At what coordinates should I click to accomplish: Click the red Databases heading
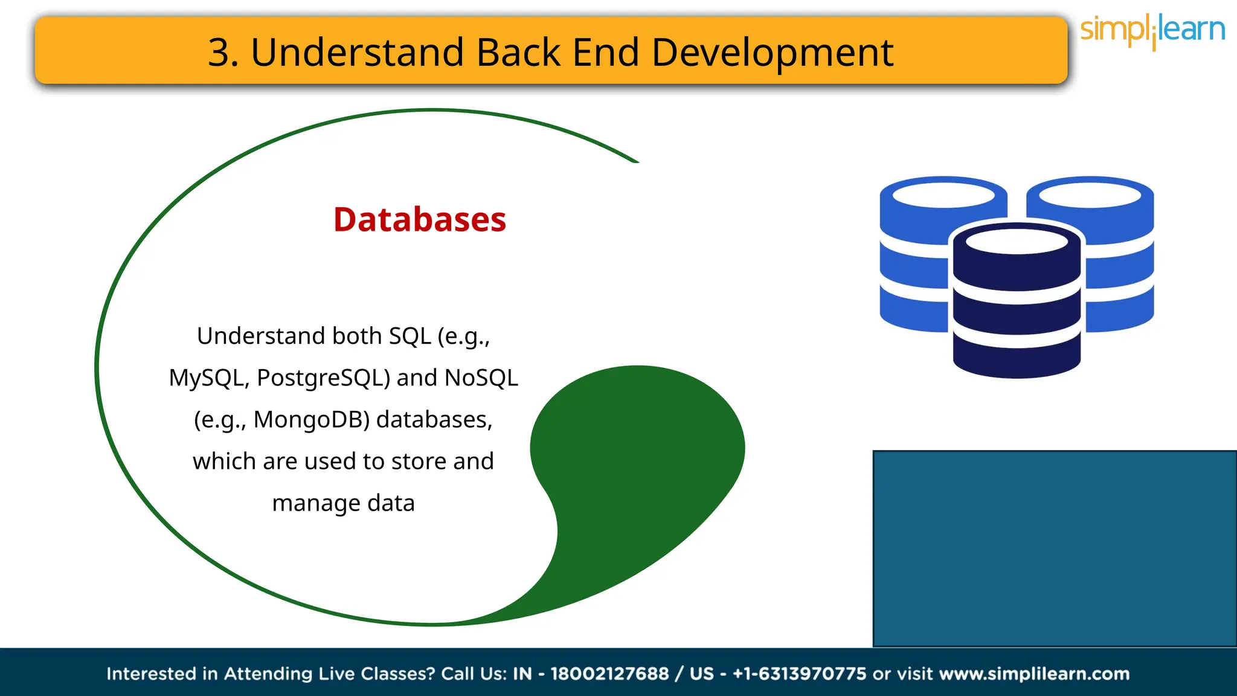click(420, 219)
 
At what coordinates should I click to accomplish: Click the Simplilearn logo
click(1152, 30)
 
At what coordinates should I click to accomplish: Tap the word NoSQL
click(481, 378)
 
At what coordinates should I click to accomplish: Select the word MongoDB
click(311, 419)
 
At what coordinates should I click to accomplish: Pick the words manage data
click(343, 503)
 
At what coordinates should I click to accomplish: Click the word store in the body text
click(418, 461)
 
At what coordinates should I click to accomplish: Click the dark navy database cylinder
click(1017, 302)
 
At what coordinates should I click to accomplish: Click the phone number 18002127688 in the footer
click(609, 674)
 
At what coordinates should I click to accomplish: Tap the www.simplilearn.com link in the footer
click(1034, 674)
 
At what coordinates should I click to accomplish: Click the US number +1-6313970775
click(799, 674)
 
